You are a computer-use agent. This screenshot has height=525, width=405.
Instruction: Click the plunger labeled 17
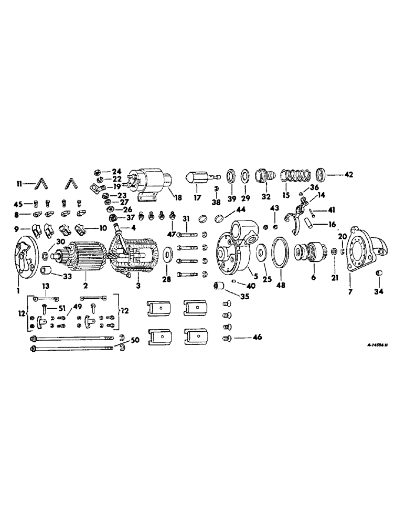tap(198, 178)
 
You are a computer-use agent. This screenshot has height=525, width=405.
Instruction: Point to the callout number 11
tap(19, 184)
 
